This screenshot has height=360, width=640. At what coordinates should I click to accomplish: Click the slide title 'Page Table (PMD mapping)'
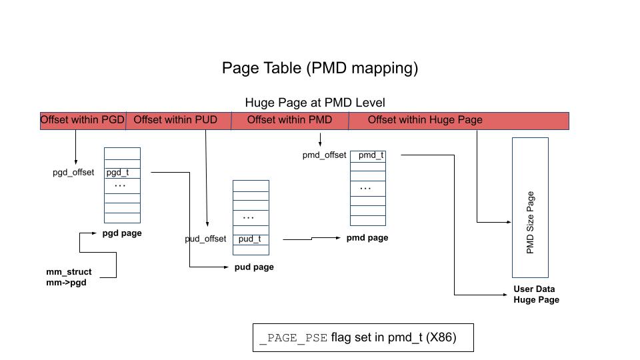click(319, 68)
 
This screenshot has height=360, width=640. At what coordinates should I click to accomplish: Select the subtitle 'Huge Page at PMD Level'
click(315, 103)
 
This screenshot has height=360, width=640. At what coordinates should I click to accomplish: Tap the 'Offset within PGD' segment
click(83, 120)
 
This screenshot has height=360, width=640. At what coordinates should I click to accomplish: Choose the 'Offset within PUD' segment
click(175, 120)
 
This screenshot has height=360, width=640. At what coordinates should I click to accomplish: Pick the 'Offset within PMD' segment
click(289, 120)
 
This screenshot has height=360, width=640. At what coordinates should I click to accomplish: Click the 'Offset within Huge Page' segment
click(425, 120)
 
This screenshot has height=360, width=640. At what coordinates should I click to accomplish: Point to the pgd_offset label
click(73, 173)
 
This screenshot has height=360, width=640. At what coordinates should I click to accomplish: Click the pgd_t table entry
click(118, 172)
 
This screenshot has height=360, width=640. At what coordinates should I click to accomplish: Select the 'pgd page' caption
click(122, 233)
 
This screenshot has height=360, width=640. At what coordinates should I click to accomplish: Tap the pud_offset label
click(205, 239)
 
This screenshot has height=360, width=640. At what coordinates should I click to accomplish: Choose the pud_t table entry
click(249, 239)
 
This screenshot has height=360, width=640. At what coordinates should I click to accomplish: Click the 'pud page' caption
click(254, 267)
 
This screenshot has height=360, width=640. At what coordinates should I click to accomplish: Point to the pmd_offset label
click(324, 155)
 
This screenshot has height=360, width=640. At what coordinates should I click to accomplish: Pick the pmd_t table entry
click(371, 155)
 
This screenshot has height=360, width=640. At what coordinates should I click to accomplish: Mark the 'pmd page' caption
click(367, 238)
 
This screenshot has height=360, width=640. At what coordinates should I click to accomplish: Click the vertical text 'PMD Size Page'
click(530, 223)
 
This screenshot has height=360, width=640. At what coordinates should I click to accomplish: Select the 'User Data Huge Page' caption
click(535, 295)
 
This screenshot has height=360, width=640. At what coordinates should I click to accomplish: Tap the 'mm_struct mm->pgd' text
click(69, 277)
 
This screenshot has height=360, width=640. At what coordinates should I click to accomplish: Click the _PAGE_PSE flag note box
click(363, 338)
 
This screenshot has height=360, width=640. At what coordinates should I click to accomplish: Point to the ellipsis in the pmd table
click(365, 188)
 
